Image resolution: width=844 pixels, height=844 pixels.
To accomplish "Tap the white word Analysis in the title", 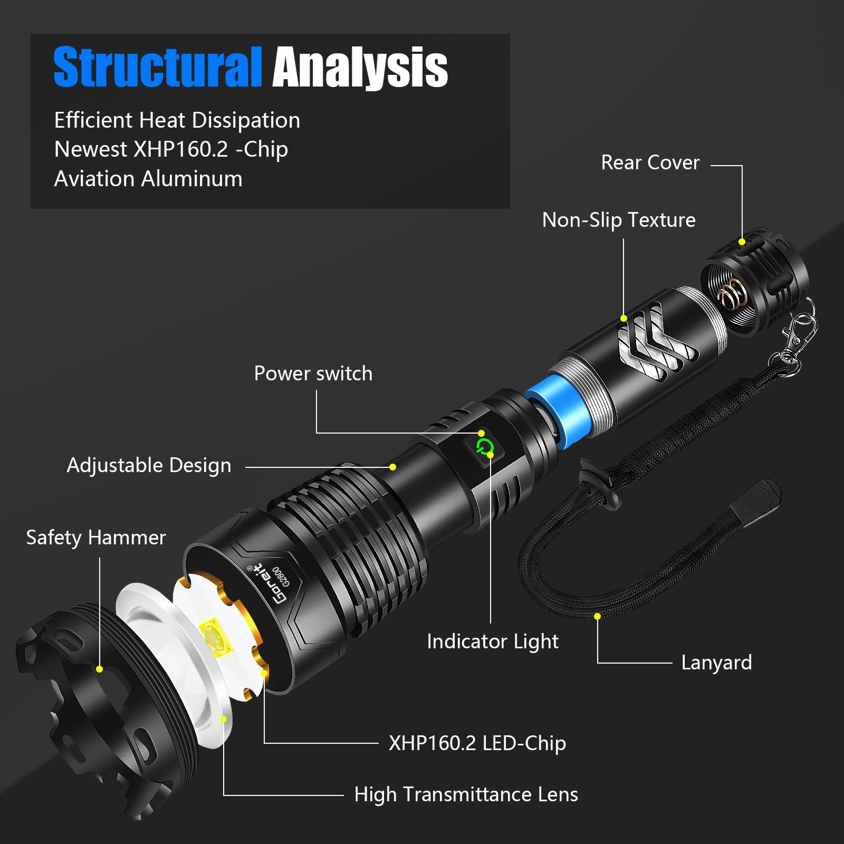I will pos(360,67).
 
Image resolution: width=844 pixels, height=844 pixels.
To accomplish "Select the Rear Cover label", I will pos(650,163).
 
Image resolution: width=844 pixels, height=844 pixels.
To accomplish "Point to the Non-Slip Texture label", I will pos(618,220).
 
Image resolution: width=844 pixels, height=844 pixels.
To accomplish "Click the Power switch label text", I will pos(313,373).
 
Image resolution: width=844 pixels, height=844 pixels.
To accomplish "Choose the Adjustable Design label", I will pos(149,465).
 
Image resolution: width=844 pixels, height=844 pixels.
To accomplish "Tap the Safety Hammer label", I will pos(95,538).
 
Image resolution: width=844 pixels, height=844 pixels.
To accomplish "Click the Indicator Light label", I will pos(492,641).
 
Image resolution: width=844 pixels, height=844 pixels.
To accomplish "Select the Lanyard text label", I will pos(716,663).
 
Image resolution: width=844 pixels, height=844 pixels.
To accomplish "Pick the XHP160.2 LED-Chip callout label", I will pos(477,743).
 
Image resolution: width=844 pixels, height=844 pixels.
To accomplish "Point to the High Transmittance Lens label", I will pos(466,794).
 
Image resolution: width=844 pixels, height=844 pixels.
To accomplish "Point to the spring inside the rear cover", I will pos(731,295).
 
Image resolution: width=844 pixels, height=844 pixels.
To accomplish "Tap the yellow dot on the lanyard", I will pos(597,616).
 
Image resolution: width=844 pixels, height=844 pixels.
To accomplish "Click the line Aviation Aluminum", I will pos(148,179).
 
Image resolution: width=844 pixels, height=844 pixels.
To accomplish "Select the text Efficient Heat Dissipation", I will pos(177,120).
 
